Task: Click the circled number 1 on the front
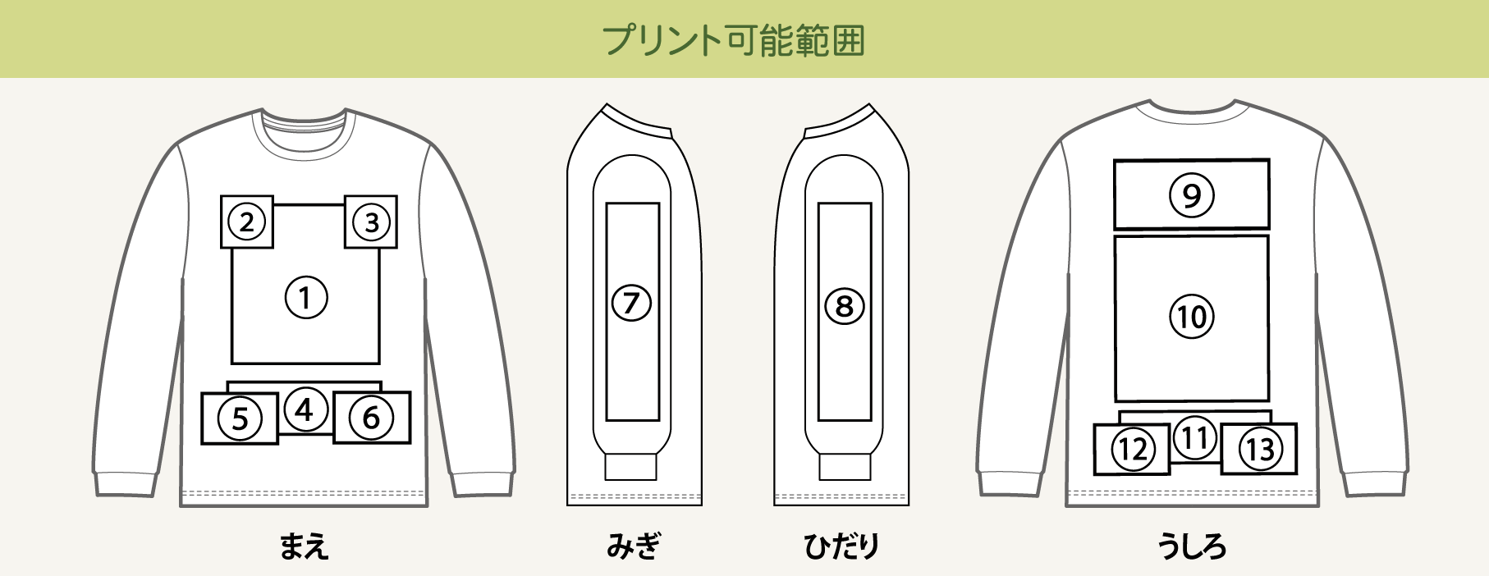[306, 297]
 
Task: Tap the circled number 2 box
[247, 222]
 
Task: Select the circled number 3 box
[371, 222]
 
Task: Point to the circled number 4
[305, 409]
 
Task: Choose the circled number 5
[240, 418]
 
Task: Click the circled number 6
[371, 418]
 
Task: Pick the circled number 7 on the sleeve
[631, 303]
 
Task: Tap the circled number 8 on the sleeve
[845, 307]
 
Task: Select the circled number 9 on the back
[1191, 195]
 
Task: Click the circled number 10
[1191, 317]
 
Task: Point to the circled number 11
[1195, 438]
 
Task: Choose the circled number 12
[1133, 449]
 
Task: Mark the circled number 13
[1260, 449]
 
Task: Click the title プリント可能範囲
[734, 39]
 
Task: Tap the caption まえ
[304, 546]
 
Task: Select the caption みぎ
[633, 546]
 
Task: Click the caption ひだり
[841, 546]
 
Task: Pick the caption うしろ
[1192, 546]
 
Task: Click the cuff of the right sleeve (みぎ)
[631, 467]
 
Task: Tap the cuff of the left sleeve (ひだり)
[845, 467]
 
